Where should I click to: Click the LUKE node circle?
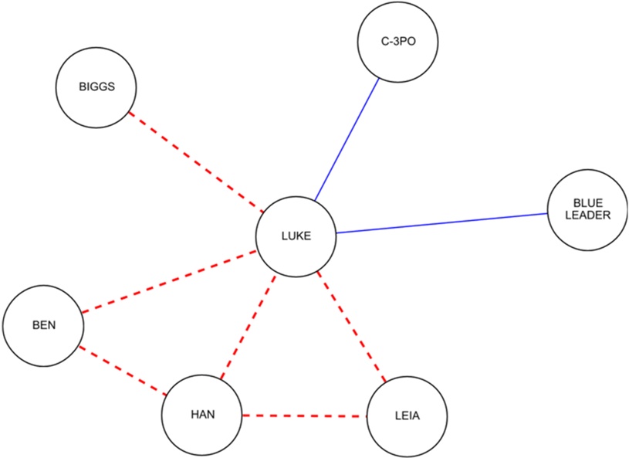(x=296, y=236)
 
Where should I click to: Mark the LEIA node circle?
(x=407, y=417)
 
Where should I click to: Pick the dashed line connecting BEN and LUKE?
(x=170, y=281)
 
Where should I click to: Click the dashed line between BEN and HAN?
(x=122, y=370)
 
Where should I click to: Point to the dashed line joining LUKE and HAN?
(x=248, y=327)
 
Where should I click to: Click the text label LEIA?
(x=407, y=417)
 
